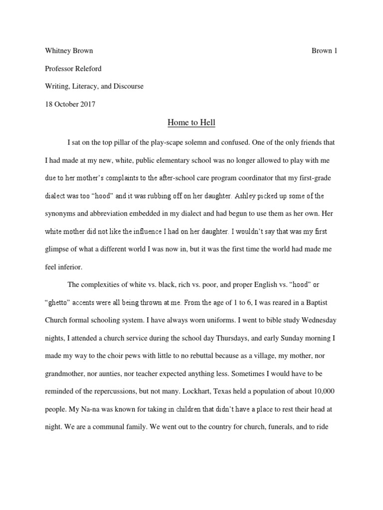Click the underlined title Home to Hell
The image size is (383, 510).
pyautogui.click(x=191, y=122)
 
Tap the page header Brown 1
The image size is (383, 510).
pyautogui.click(x=325, y=51)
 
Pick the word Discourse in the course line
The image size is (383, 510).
pyautogui.click(x=128, y=86)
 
